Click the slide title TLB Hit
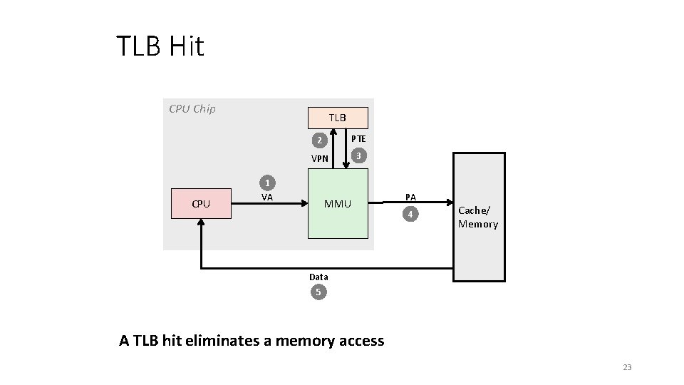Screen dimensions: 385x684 [x=160, y=47]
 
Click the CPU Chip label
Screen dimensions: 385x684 [x=192, y=109]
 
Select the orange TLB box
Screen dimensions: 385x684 [x=338, y=117]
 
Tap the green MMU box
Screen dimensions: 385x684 [x=338, y=204]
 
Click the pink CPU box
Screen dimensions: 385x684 [x=201, y=204]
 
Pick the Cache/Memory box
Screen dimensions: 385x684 [x=479, y=217]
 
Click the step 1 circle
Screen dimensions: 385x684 [x=267, y=182]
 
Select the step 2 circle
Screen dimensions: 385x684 [x=320, y=140]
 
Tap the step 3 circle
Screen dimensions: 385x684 [x=360, y=155]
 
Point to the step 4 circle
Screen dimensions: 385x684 [x=410, y=214]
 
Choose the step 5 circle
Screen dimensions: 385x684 [x=318, y=292]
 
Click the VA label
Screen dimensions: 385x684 [x=267, y=197]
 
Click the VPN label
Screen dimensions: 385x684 [x=320, y=158]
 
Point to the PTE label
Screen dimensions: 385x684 [x=358, y=138]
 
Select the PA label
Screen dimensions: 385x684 [x=410, y=197]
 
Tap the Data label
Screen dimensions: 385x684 [x=318, y=277]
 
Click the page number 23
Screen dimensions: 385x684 [x=627, y=367]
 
